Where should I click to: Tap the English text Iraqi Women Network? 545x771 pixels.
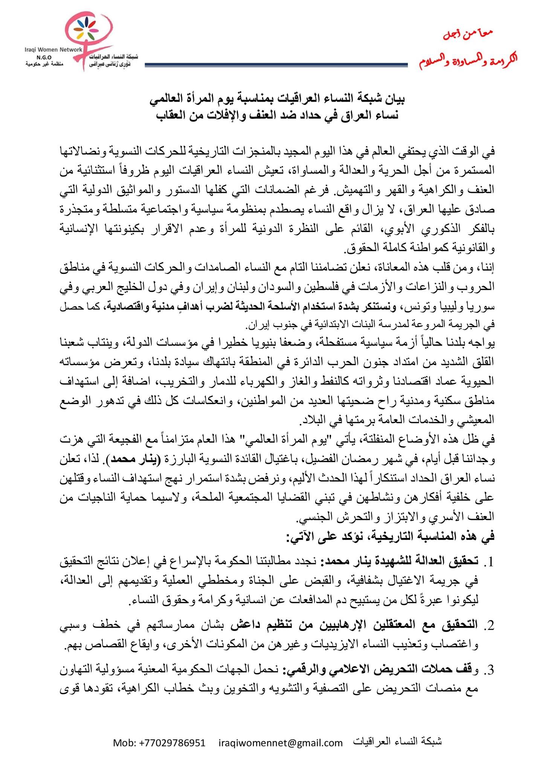[53, 49]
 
